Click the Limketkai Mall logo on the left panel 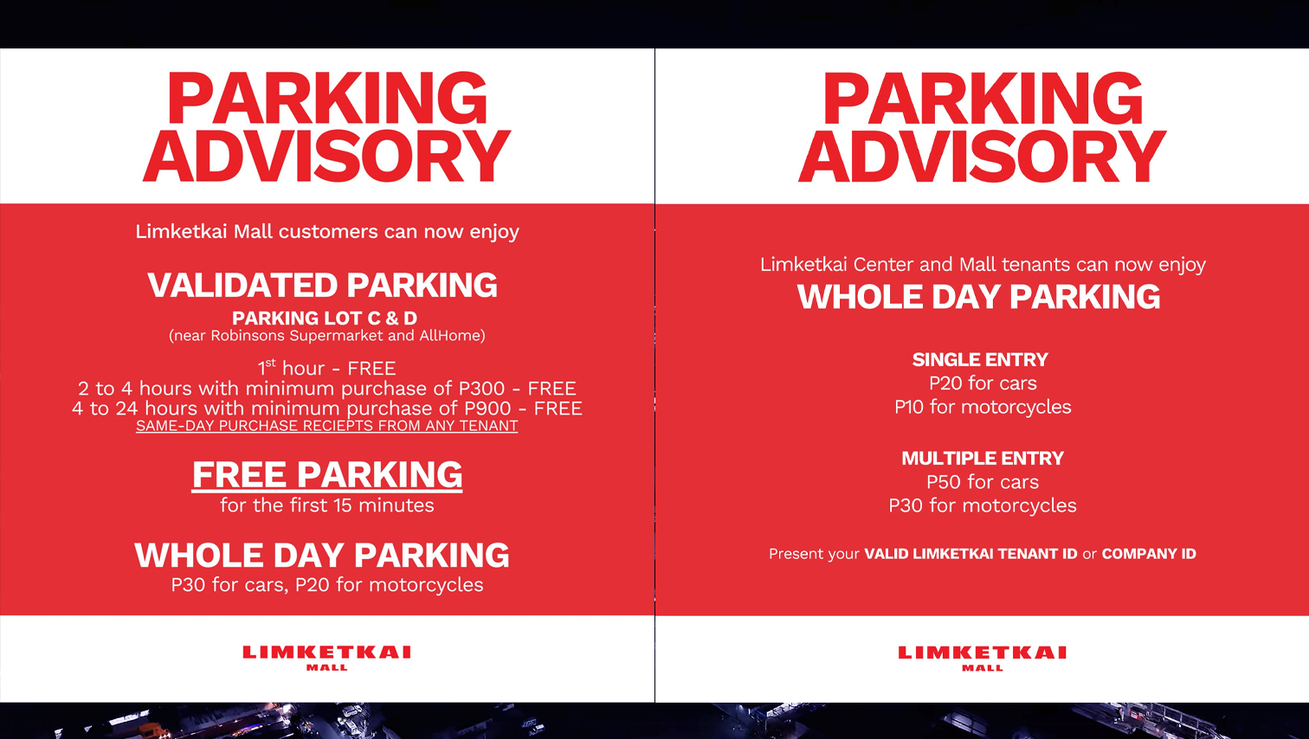(327, 657)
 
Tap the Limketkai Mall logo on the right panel (983, 657)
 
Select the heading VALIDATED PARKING (323, 286)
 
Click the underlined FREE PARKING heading (327, 475)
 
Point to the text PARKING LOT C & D (325, 318)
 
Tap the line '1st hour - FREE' (326, 369)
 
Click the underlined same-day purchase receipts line (327, 426)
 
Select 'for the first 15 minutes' (327, 505)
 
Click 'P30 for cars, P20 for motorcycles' (327, 585)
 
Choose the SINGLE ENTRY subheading (980, 360)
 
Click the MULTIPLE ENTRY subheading (983, 459)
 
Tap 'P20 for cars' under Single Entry (983, 383)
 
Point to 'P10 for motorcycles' (983, 407)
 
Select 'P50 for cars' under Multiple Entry (983, 482)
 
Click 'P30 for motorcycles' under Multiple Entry (983, 505)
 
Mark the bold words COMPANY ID (1149, 554)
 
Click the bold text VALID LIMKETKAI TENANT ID (970, 554)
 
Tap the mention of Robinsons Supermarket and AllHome (327, 336)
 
